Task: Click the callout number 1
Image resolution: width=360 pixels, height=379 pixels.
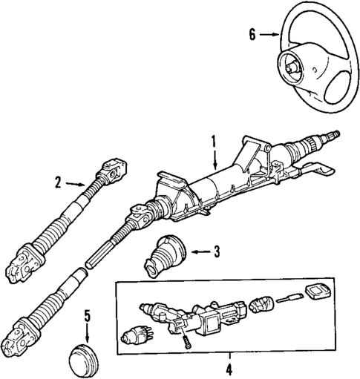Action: point(214,140)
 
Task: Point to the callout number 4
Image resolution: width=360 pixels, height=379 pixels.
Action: point(229,369)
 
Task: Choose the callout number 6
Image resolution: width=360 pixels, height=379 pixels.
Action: point(252,34)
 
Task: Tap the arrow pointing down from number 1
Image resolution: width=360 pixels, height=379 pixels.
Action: point(214,156)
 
